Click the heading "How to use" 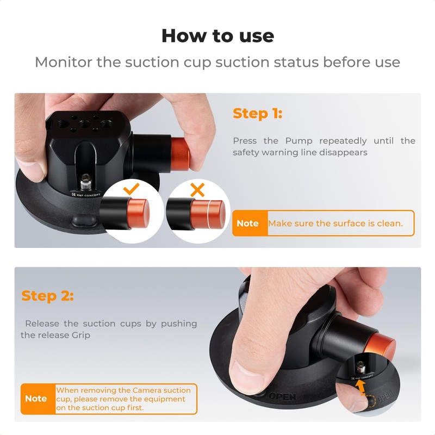[x=217, y=36]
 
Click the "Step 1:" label [x=257, y=114]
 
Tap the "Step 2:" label [x=47, y=296]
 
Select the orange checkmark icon [x=132, y=189]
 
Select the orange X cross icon [x=197, y=190]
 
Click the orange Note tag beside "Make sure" [x=248, y=223]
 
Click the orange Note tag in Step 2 [x=36, y=399]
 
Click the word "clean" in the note [x=389, y=223]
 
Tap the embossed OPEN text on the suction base [x=282, y=396]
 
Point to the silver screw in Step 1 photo [x=85, y=178]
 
